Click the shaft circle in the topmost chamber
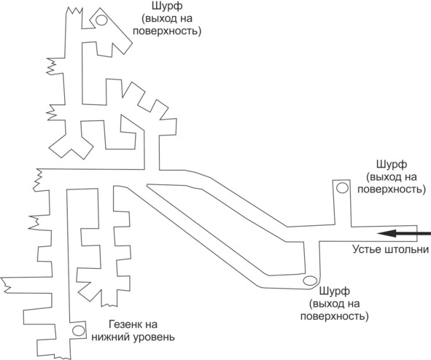coord(101,20)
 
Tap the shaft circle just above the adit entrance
coord(342,188)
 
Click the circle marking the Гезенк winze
coord(78,330)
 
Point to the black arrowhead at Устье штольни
coord(387,234)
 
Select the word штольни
coord(407,249)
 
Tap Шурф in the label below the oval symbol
coord(334,291)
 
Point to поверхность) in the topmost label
coord(167,31)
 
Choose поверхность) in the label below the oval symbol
coord(334,316)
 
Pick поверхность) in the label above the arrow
coord(392,189)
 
